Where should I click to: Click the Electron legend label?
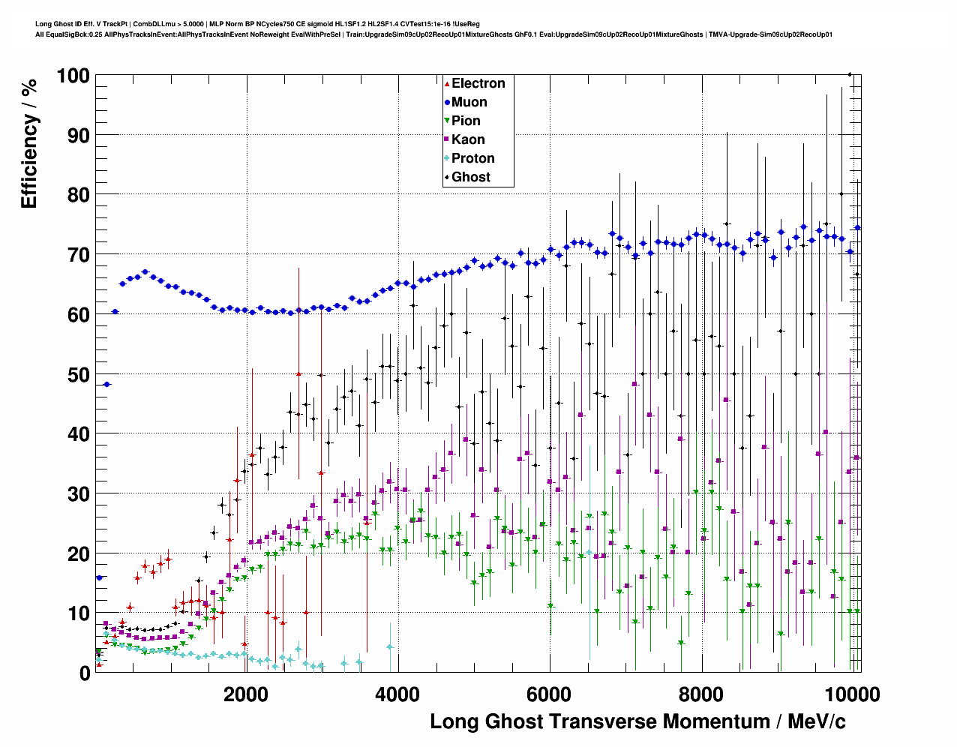(478, 83)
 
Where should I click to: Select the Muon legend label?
(469, 102)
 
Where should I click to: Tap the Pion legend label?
(466, 121)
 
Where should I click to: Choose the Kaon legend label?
(468, 139)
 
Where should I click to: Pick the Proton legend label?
(472, 158)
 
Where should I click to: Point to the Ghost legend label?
(470, 177)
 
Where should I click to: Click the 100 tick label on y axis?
(73, 76)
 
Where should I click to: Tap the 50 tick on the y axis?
(79, 374)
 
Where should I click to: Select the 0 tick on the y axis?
(85, 673)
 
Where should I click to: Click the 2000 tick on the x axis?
(245, 694)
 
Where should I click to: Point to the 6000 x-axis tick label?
(549, 694)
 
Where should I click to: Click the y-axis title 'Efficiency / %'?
(29, 143)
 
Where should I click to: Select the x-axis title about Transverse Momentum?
(637, 721)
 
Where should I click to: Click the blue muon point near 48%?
(106, 385)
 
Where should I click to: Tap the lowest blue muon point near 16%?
(99, 577)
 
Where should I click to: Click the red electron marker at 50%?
(298, 373)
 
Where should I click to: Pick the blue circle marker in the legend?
(447, 102)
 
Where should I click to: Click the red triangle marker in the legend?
(447, 83)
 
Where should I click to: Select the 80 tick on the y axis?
(79, 195)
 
